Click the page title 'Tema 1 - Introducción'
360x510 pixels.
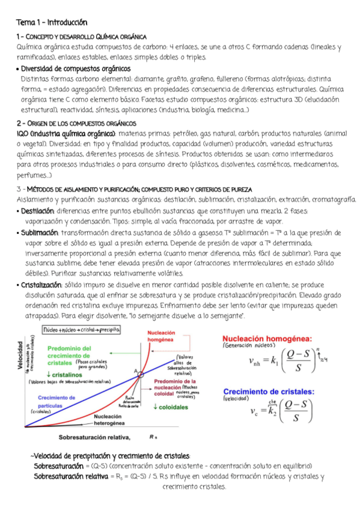coord(52,23)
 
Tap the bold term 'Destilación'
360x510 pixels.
coord(38,211)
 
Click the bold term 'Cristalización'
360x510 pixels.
coord(41,283)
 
